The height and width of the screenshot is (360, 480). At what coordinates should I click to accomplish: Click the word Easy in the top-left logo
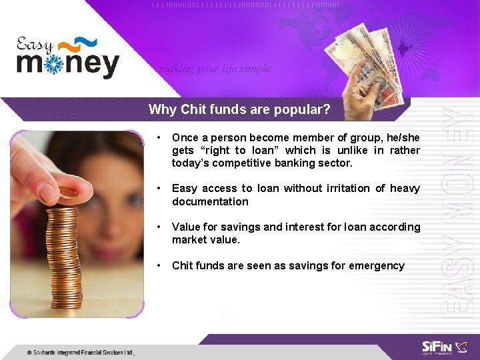point(35,46)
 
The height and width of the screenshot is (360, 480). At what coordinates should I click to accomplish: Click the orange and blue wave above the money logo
point(77,45)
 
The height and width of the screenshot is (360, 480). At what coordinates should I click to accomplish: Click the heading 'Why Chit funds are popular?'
point(239,109)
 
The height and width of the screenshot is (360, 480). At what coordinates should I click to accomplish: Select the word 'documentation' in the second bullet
point(210,201)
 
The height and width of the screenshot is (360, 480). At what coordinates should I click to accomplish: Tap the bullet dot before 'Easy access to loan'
point(158,189)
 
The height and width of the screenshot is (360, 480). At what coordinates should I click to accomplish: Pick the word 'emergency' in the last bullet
point(376,265)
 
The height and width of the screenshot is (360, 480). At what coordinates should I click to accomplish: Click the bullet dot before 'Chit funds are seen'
point(158,265)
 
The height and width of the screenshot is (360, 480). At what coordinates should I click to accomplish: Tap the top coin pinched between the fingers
point(69,192)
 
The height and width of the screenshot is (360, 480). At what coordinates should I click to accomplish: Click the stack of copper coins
point(64,253)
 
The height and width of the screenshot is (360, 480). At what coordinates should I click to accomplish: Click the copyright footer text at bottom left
point(80,352)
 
